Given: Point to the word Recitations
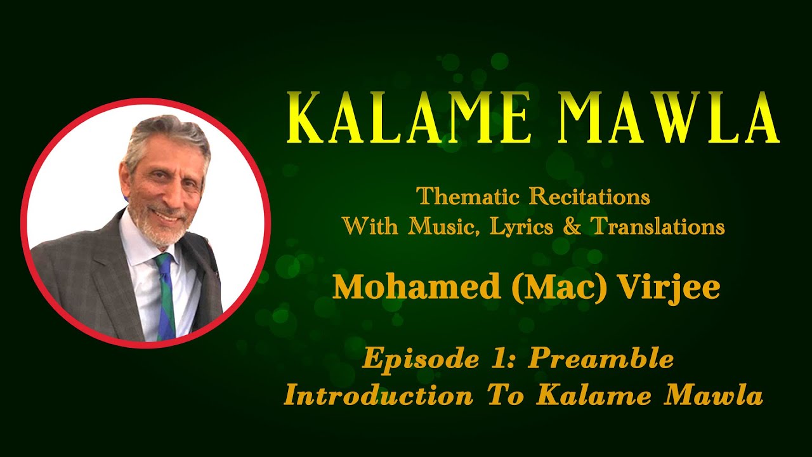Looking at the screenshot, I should tap(589, 197).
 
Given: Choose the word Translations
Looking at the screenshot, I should tap(657, 226).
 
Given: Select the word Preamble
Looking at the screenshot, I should tap(601, 359).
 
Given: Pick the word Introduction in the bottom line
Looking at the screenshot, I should tap(379, 395).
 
